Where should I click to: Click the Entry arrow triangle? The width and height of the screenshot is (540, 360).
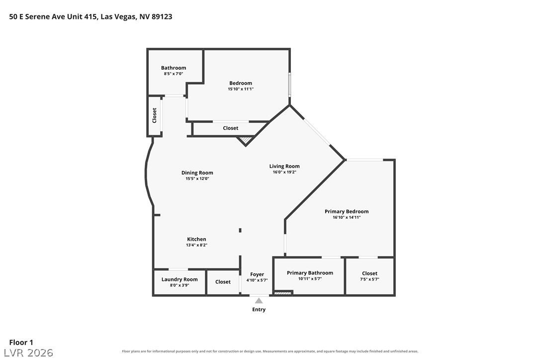[x=259, y=301]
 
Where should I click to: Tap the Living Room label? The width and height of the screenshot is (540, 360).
[x=284, y=166]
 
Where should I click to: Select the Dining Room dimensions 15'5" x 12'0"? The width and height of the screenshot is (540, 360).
[x=197, y=179]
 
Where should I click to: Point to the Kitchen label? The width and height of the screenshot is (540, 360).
[x=196, y=239]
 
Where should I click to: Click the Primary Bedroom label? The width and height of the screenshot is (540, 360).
[x=347, y=211]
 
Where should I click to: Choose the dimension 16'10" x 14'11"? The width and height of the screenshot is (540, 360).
[x=347, y=217]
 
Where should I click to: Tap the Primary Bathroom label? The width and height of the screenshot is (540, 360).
[x=310, y=273]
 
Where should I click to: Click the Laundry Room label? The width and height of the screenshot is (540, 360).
[x=180, y=279]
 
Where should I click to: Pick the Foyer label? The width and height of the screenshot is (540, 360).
[x=257, y=274]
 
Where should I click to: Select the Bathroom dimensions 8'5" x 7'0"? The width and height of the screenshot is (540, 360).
[x=173, y=74]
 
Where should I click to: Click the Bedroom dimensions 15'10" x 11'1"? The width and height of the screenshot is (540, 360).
[x=241, y=89]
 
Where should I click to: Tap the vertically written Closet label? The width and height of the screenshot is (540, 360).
[x=154, y=115]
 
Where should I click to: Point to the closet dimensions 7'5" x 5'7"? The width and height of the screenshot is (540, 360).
[x=369, y=279]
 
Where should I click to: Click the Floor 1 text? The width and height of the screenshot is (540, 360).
[x=21, y=343]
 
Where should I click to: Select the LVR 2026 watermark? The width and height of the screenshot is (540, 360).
[x=28, y=353]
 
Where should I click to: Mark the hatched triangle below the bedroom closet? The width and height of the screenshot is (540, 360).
[x=245, y=140]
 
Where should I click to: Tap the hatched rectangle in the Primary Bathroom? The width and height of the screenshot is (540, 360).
[x=282, y=293]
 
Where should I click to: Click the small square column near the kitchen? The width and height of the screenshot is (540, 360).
[x=240, y=230]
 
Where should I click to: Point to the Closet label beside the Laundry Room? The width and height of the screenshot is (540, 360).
[x=223, y=282]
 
